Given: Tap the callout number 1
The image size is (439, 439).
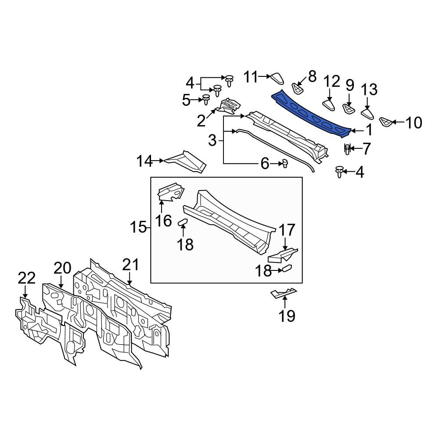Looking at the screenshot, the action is click(369, 130).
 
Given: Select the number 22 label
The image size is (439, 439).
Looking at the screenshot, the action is click(27, 278).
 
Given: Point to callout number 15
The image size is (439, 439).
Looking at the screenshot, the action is click(138, 227).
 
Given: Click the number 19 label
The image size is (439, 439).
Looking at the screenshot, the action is click(287, 316).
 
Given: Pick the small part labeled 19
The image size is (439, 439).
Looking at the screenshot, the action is click(284, 292).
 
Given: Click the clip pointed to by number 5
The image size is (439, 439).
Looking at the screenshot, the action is click(206, 99).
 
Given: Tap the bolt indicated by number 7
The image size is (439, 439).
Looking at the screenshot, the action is click(347, 149).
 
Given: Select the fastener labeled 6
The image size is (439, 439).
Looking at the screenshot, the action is click(285, 163).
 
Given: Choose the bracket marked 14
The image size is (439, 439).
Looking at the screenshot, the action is click(186, 162).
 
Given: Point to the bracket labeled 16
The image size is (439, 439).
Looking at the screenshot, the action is click(171, 192).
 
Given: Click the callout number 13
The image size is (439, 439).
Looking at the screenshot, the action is click(369, 90).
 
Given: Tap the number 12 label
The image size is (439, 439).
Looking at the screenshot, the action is click(332, 82).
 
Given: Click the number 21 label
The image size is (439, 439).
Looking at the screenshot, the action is click(130, 264).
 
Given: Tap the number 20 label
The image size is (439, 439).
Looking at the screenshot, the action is click(62, 268).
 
